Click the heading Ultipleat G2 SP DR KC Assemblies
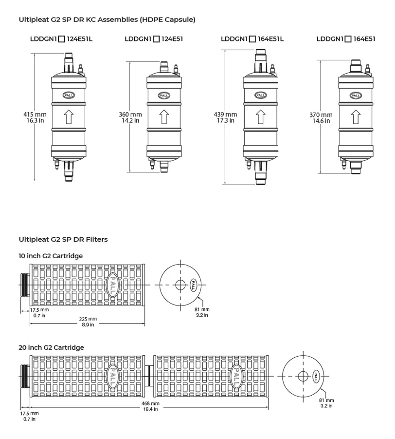point(107,19)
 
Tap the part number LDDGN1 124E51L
point(61,39)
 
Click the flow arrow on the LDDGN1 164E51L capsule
point(260,117)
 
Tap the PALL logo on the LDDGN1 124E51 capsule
point(164,95)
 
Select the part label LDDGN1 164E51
point(346,39)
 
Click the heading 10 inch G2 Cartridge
point(51,256)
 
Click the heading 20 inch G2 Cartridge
point(51,347)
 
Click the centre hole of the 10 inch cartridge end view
point(180,284)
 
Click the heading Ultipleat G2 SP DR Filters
point(63,239)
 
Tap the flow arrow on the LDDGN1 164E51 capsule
point(356,117)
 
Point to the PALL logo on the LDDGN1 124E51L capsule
point(69,95)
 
